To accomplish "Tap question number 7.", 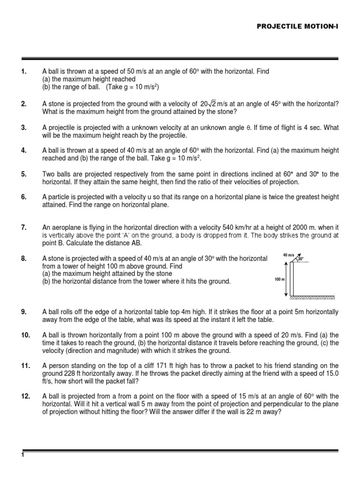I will (23, 227).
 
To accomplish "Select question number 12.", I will (25, 396).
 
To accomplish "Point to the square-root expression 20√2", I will (210, 103).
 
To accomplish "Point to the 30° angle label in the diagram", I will (300, 258).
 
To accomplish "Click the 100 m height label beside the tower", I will (279, 279).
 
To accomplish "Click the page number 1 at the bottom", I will (22, 456).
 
